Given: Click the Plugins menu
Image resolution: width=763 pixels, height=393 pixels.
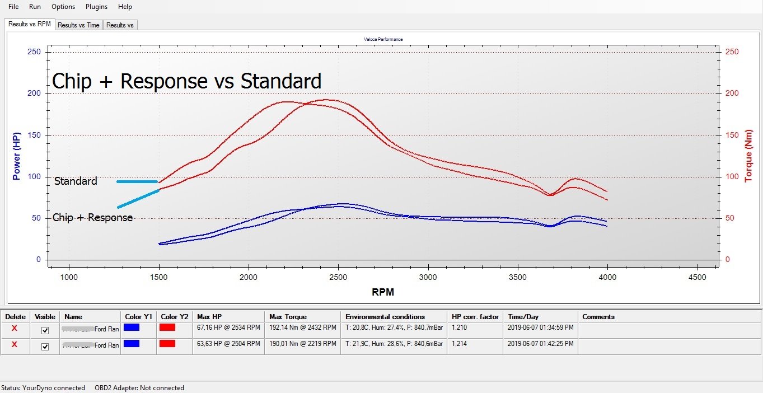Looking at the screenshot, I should coord(96,7).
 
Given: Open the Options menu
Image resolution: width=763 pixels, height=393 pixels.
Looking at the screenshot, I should coord(63,7).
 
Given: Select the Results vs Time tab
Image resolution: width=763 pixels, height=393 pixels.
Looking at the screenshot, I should coord(78,25).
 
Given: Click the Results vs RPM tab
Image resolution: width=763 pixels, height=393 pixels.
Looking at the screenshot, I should coord(30,24).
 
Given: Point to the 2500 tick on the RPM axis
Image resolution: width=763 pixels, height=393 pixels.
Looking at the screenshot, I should coord(339,277).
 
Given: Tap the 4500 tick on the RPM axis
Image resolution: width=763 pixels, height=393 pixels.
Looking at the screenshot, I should coord(698,277).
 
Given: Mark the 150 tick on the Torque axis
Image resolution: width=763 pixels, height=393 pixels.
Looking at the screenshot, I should coord(732,135).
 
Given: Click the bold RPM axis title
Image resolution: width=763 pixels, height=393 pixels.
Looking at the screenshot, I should coord(383,292).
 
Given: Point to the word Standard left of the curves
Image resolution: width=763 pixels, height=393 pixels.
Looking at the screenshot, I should coord(76,181).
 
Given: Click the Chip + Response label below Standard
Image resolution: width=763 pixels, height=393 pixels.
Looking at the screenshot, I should coord(92,218).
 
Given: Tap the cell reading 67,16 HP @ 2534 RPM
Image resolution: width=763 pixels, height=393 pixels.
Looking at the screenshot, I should coord(228,327).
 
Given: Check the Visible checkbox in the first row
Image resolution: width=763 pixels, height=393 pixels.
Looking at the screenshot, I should coord(45,330).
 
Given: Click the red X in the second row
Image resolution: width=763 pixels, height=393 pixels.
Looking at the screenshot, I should coord(15,345).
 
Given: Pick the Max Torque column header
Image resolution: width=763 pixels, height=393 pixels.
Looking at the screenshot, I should coord(288,317).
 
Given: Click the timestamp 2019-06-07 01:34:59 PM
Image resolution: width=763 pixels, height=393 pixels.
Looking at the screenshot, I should coord(540,327).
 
